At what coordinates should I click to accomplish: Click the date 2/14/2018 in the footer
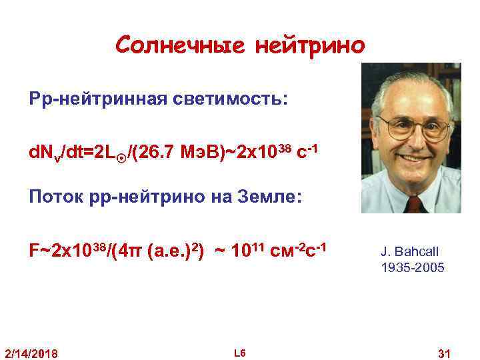pos(31,351)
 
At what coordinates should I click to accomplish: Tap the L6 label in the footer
pos(240,351)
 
